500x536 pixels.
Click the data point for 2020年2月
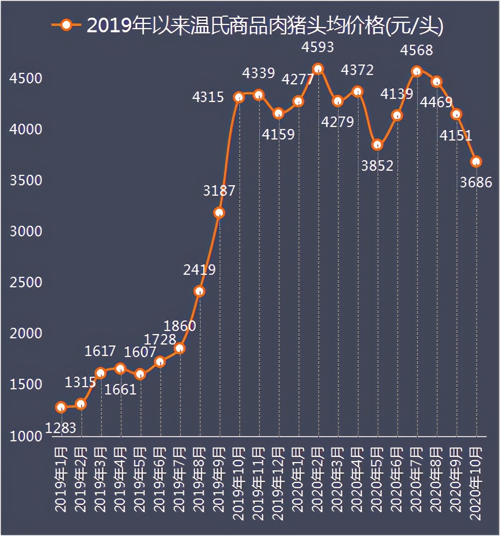(318, 69)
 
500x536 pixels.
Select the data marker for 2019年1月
(61, 407)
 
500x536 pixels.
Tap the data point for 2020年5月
(377, 145)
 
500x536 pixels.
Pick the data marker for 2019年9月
(219, 212)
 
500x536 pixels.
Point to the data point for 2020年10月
(476, 162)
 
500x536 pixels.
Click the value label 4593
(318, 47)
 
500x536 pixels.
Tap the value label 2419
(199, 270)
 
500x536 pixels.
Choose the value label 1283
(61, 428)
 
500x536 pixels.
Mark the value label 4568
(417, 50)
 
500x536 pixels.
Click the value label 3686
(476, 182)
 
